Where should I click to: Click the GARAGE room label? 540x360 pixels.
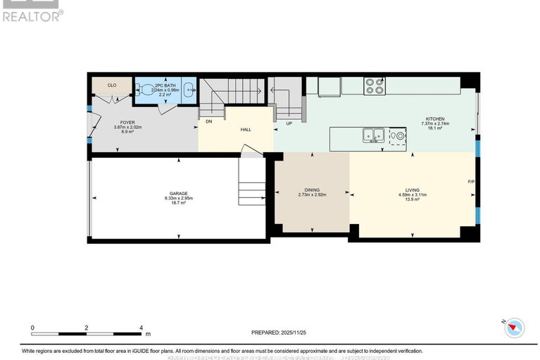click(x=177, y=193)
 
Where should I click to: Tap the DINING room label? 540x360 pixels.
click(x=312, y=190)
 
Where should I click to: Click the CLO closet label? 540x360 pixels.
click(x=111, y=85)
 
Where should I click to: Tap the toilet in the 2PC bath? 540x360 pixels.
click(x=145, y=89)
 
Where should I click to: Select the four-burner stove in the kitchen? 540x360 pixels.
click(x=374, y=86)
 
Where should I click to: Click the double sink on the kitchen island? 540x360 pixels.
click(x=373, y=134)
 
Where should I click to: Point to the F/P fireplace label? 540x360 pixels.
click(x=472, y=182)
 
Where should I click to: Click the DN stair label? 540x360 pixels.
click(x=209, y=121)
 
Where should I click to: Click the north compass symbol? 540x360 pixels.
click(x=516, y=326)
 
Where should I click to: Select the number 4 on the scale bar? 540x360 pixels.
click(x=142, y=328)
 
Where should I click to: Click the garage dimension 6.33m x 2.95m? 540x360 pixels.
click(x=177, y=199)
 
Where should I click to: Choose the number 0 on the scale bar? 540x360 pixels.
click(x=32, y=328)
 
